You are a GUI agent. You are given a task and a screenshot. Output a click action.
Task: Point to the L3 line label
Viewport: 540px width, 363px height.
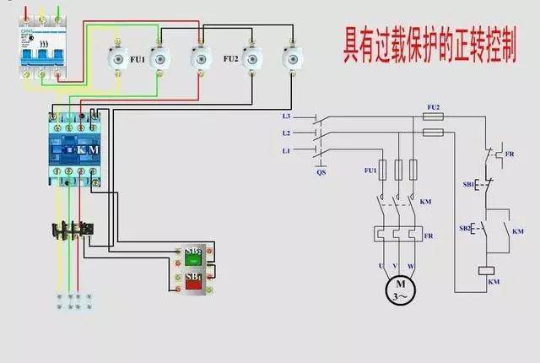[x=287, y=116]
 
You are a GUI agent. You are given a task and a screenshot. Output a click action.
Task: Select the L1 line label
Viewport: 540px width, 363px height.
[x=287, y=150]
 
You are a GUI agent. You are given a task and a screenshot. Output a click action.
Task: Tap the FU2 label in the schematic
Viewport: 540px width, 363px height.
[x=434, y=108]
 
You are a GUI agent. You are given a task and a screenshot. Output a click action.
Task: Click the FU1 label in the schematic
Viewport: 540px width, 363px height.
[x=370, y=170]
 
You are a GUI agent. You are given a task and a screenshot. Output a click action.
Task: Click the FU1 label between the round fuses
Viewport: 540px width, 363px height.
[x=136, y=60]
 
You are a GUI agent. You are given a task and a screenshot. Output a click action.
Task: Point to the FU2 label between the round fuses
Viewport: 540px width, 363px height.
[x=229, y=59]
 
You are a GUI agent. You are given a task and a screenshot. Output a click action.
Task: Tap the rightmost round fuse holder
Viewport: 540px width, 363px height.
[x=294, y=57]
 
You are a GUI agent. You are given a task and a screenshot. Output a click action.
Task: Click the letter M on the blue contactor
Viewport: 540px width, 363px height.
[x=94, y=149]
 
